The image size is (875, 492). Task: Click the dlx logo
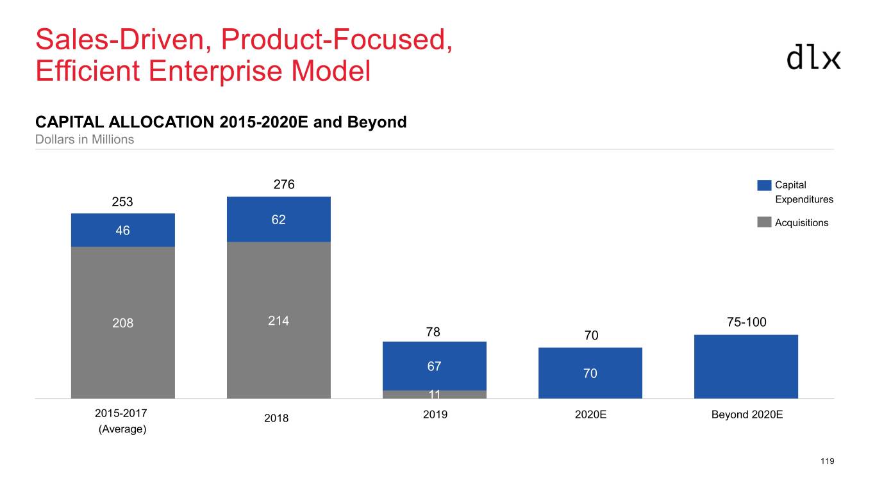point(813,57)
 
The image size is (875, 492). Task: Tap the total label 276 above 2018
point(284,184)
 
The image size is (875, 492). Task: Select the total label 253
point(122,202)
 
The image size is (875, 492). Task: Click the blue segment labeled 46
point(122,230)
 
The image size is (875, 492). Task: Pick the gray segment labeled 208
point(122,322)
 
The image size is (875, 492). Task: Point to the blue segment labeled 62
point(279,220)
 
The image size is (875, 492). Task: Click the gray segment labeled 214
point(279,320)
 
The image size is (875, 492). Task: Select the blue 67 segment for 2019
point(434,366)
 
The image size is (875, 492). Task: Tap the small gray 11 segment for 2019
point(434,394)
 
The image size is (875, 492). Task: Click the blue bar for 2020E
point(590,373)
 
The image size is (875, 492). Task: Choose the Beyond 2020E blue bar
point(746,366)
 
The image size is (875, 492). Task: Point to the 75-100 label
point(747,322)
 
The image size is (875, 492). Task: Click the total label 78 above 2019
point(434,332)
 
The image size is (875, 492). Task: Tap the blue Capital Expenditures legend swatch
point(764,185)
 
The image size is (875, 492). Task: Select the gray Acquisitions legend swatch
point(764,222)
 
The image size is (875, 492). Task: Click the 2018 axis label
point(277,418)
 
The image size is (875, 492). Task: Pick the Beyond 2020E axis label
point(747,414)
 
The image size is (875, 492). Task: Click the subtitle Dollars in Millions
point(85,139)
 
